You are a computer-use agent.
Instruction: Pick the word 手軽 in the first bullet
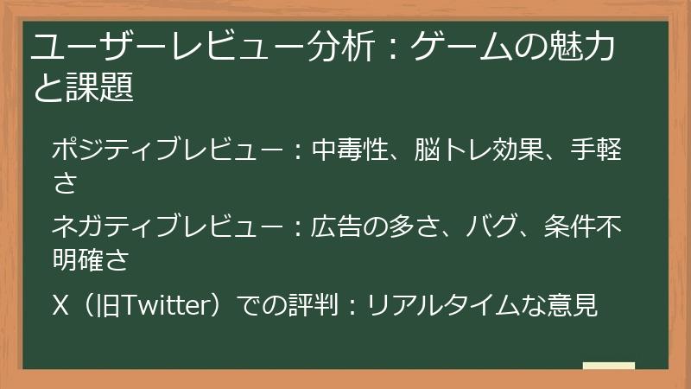(x=608, y=150)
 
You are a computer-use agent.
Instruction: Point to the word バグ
(x=480, y=227)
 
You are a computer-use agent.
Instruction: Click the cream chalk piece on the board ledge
(x=608, y=366)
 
